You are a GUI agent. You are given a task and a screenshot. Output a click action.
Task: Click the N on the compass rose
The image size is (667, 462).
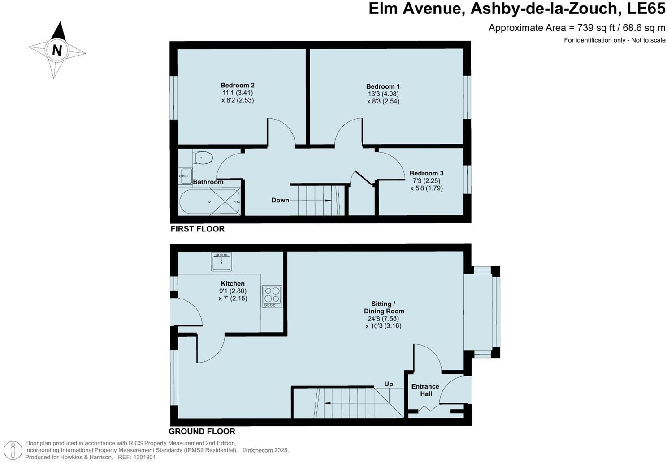[x=57, y=50]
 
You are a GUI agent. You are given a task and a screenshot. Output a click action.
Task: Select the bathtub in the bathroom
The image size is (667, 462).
[x=210, y=201]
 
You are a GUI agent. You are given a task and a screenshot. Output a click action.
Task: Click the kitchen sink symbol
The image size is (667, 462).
[x=221, y=261]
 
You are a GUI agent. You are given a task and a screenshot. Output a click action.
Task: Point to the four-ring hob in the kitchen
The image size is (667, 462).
[x=272, y=296]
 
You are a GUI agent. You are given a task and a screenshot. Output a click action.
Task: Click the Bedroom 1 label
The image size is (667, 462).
[x=383, y=86]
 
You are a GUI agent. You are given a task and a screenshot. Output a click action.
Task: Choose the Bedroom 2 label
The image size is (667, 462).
[x=237, y=85]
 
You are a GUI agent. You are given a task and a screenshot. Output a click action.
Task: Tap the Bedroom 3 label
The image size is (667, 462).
[x=426, y=173]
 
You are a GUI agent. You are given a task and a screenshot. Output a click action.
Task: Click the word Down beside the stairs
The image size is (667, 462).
[x=280, y=200]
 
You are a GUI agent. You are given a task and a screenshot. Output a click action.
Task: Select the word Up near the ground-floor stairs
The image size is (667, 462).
[x=389, y=384]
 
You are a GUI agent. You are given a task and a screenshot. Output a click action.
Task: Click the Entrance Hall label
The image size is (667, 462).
[x=425, y=390]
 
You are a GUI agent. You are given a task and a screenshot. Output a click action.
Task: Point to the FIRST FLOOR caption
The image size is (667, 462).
[x=197, y=229]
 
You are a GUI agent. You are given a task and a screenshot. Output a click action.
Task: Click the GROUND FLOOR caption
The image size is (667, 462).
[x=202, y=432]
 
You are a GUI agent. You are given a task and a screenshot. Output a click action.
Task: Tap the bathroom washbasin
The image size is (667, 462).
[x=185, y=176]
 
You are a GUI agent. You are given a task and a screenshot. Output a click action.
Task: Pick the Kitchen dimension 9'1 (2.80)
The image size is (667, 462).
[x=233, y=291]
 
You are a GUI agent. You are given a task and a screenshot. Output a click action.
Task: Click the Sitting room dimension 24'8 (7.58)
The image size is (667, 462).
[x=383, y=319]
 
